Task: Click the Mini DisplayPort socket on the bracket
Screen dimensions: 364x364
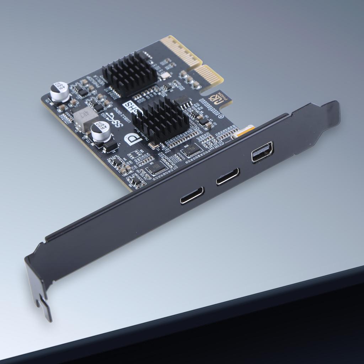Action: [x=262, y=152]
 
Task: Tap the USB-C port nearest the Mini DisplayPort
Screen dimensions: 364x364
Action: [x=227, y=176]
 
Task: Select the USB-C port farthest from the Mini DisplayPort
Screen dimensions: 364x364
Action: [x=192, y=195]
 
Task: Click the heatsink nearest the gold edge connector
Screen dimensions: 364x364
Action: [x=129, y=74]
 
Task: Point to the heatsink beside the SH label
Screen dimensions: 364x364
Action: [x=161, y=119]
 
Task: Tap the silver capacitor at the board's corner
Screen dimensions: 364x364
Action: [x=59, y=92]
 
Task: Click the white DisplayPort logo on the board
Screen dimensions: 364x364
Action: [x=133, y=139]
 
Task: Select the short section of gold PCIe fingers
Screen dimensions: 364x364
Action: [x=210, y=75]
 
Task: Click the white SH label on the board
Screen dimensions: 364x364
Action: [x=130, y=106]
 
